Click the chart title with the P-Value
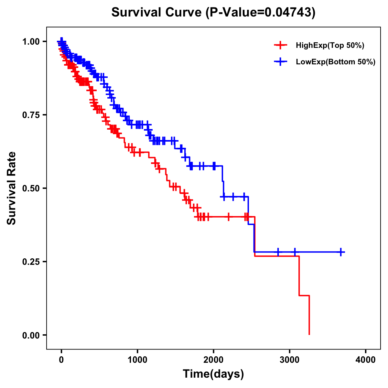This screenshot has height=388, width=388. coord(213,12)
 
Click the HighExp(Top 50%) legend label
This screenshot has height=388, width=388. coord(330,46)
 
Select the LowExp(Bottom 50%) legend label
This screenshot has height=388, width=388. coord(336,62)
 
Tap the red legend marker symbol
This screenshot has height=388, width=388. coord(280,46)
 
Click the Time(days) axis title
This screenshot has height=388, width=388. coord(213,374)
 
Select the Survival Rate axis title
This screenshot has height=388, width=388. coord(12,188)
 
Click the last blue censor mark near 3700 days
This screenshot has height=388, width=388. coord(341,252)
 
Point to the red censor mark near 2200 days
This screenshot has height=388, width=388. coord(229,217)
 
